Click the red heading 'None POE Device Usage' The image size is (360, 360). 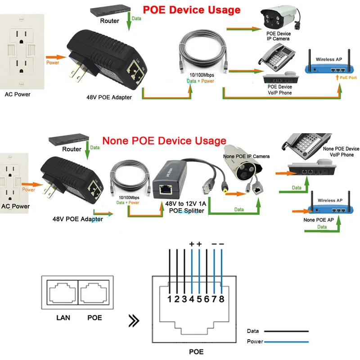point(164,141)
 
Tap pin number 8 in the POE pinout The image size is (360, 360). point(222,298)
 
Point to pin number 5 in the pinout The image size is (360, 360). point(199,298)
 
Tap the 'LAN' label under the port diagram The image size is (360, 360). point(63,318)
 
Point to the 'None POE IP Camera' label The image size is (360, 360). point(247,156)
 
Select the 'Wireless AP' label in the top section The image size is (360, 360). point(331,59)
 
